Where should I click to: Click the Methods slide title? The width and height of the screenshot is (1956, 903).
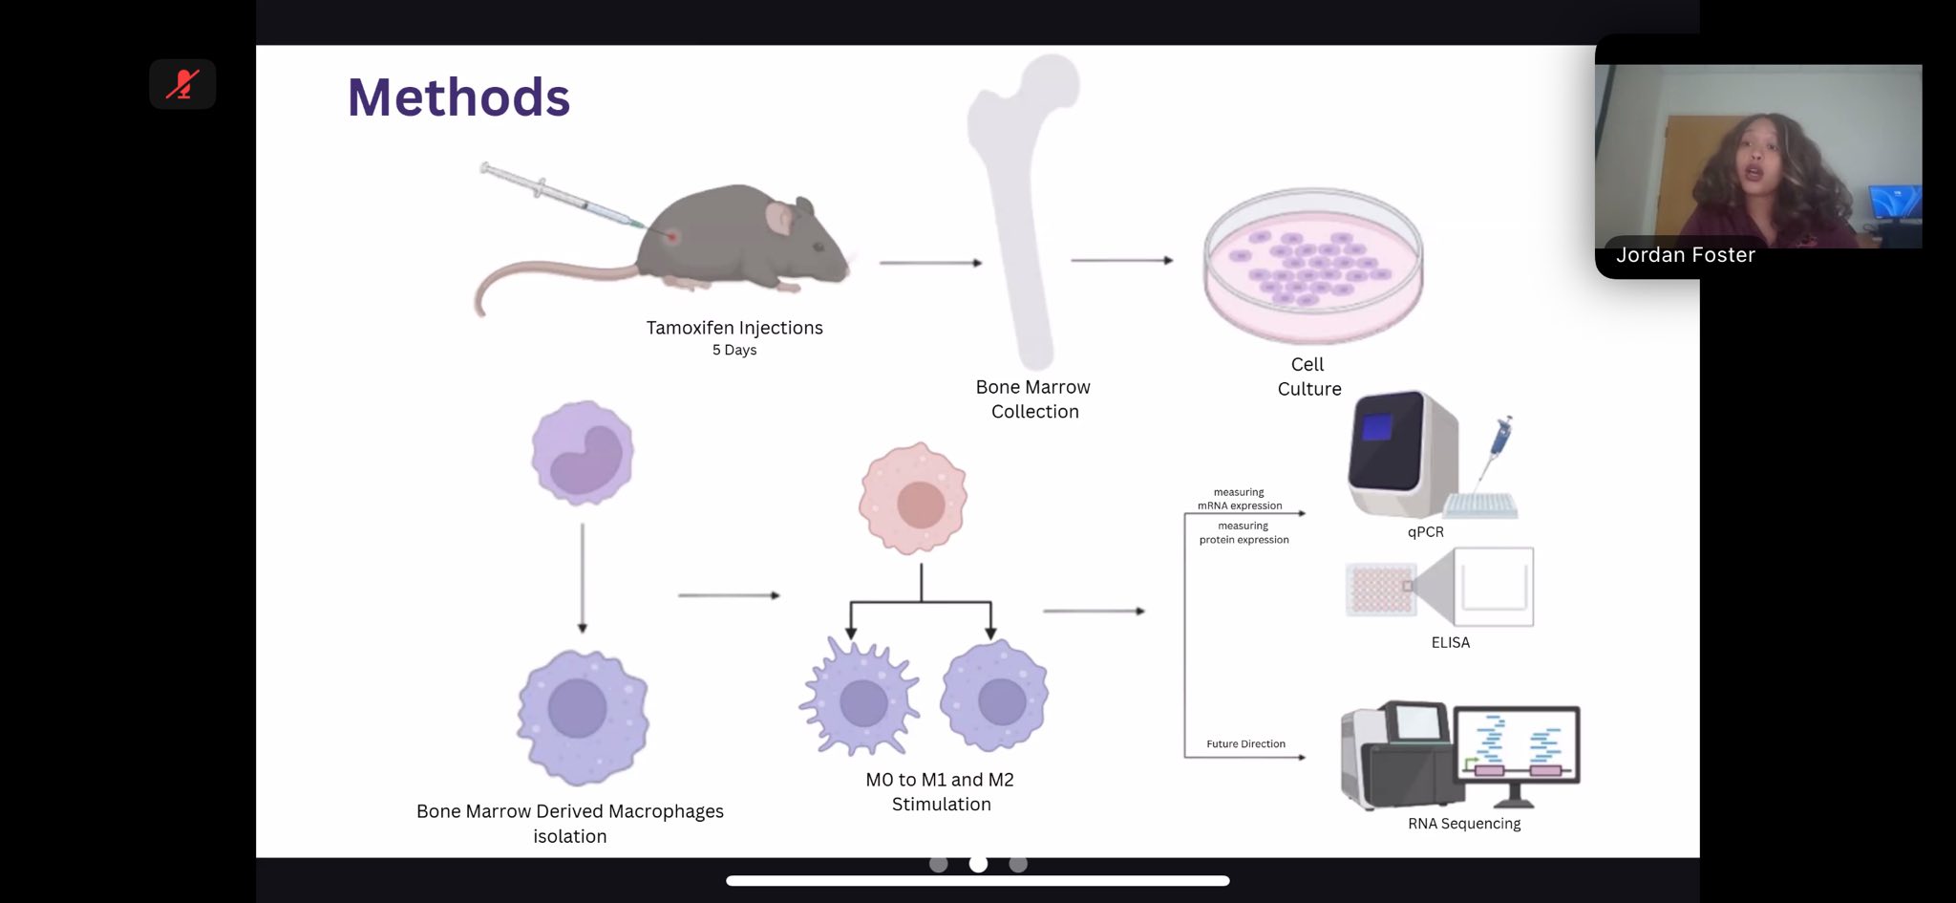point(458,97)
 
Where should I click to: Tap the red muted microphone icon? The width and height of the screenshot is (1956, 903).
point(182,84)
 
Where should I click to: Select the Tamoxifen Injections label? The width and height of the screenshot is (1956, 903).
point(734,328)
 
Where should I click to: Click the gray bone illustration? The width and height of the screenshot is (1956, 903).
point(1022,210)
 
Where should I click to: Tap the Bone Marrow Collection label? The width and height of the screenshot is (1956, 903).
point(1033,399)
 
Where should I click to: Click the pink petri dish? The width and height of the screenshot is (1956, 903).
point(1313,265)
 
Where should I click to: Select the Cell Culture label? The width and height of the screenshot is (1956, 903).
point(1309,376)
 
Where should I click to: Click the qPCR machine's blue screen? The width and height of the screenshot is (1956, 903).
point(1376,426)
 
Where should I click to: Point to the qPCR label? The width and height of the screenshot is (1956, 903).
point(1426,532)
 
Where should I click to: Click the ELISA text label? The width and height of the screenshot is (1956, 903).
point(1451,643)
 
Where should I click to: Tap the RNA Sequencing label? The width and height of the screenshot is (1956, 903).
point(1464,824)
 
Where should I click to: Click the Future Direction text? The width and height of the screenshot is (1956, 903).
point(1245,744)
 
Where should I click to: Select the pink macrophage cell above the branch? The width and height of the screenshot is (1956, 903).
point(914,498)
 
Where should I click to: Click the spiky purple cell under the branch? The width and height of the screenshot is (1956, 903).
point(860,698)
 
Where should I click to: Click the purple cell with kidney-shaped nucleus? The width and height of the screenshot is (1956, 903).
point(583,453)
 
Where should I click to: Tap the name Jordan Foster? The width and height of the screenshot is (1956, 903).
point(1686,255)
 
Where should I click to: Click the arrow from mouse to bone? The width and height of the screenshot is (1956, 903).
point(930,263)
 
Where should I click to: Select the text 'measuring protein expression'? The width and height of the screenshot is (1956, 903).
point(1244,533)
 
